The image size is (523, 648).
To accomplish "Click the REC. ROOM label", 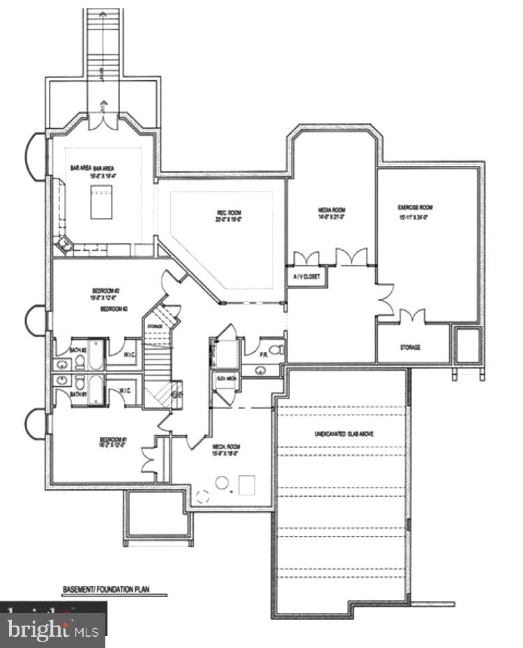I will coord(229,215).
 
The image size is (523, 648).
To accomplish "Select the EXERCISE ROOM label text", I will coord(416,211).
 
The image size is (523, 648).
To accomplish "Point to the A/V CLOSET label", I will coord(306,277).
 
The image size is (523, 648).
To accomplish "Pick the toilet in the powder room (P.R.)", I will coord(275,350).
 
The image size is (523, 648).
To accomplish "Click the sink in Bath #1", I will coord(62,380).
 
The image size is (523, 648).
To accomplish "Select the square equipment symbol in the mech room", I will coord(247,484).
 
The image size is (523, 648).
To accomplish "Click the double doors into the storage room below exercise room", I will coord(412,318).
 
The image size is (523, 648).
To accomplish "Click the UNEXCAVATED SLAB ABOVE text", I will coord(342,434).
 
